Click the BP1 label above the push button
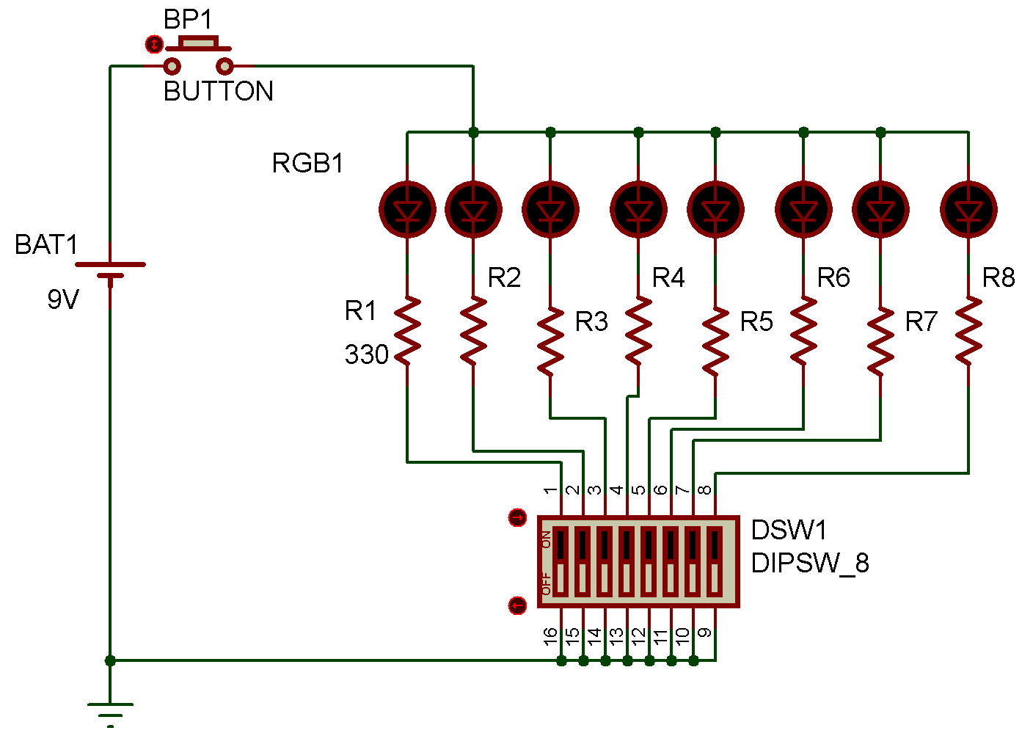(x=188, y=20)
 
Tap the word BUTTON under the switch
(x=218, y=91)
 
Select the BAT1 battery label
(x=45, y=244)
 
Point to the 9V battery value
(x=62, y=299)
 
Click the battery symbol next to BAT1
(x=110, y=270)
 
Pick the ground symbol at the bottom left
(x=110, y=712)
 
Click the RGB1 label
(x=307, y=163)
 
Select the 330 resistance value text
(x=366, y=355)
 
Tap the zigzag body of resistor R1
(x=407, y=330)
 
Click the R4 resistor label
(x=668, y=277)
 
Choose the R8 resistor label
(x=998, y=277)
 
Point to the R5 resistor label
(x=756, y=321)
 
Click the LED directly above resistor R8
(x=968, y=210)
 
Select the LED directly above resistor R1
(x=407, y=210)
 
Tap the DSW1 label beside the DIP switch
(x=789, y=530)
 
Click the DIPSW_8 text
(x=810, y=563)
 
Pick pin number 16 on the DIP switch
(x=550, y=636)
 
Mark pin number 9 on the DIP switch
(x=705, y=633)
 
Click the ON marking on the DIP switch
(x=546, y=539)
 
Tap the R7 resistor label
(x=921, y=321)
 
